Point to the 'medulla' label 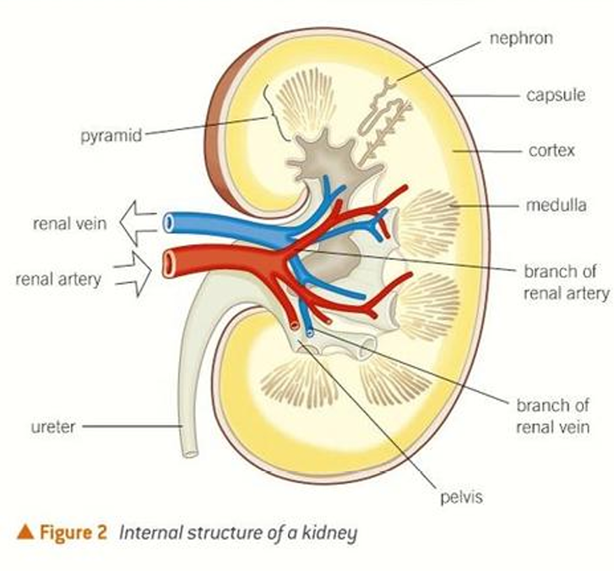pyautogui.click(x=556, y=204)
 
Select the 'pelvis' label pyautogui.click(x=461, y=497)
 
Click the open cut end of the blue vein pyautogui.click(x=169, y=223)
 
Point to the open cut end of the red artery pyautogui.click(x=170, y=264)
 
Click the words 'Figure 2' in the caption pyautogui.click(x=73, y=533)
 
